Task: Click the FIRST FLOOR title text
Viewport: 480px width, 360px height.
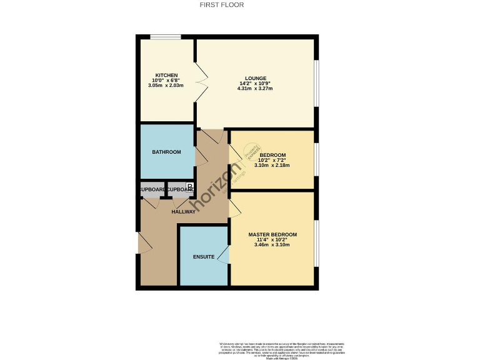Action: (x=221, y=5)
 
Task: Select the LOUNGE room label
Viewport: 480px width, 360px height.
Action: (x=255, y=79)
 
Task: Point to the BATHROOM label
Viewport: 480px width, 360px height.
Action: (x=167, y=152)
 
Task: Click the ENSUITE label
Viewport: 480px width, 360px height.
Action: (x=204, y=257)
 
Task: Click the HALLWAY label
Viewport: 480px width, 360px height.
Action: (x=184, y=212)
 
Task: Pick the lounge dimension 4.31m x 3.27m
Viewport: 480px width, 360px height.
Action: (x=255, y=89)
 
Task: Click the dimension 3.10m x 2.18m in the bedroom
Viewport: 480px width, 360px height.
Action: (x=272, y=165)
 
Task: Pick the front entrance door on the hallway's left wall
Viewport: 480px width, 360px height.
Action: (x=141, y=243)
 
